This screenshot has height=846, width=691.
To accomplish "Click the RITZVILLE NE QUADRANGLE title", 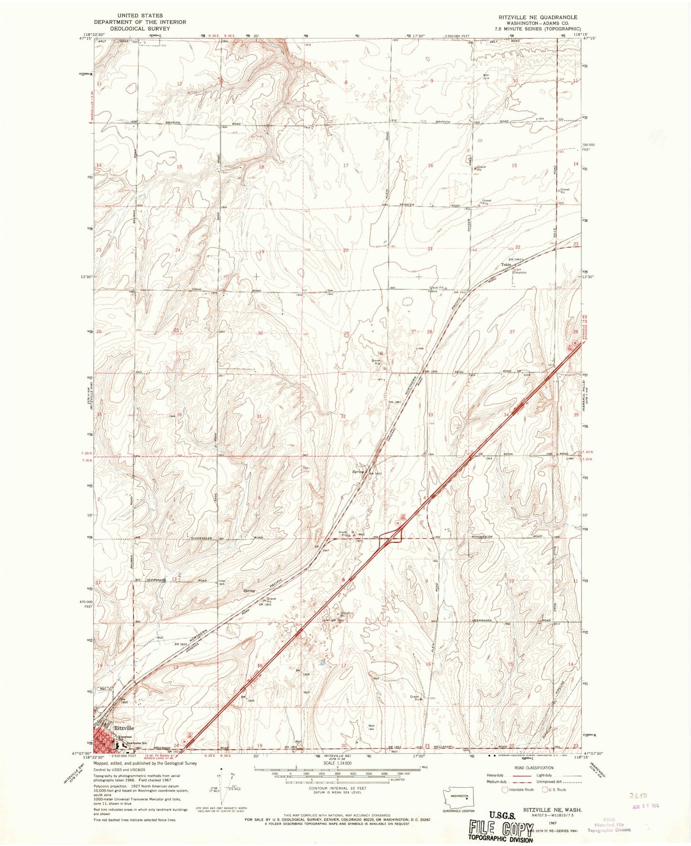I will coord(537,17).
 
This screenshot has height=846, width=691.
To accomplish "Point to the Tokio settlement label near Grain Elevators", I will coord(506,264).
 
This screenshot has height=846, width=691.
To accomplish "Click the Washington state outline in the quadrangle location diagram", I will coord(458,796).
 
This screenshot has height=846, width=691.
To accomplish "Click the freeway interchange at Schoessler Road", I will coord(395,538).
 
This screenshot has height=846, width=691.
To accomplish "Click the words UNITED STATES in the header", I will coord(139,16).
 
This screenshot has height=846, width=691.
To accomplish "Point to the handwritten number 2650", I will coord(639,796).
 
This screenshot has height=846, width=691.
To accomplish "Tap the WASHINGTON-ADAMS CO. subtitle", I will coord(537,23).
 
